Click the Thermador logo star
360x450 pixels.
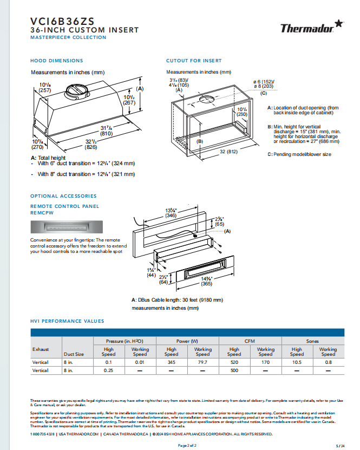[x=338, y=23]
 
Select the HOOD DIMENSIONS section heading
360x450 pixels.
[x=57, y=61]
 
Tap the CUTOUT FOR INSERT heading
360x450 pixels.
[x=194, y=61]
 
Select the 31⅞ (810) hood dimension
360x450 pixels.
[x=106, y=131]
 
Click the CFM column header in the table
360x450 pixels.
[x=250, y=341]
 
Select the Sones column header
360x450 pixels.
[x=312, y=341]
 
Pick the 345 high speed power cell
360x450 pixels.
[x=171, y=362]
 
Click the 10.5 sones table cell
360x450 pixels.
[x=297, y=362]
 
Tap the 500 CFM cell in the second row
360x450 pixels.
[x=234, y=371]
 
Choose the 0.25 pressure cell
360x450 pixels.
[x=108, y=371]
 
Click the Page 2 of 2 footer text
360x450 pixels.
[x=187, y=445]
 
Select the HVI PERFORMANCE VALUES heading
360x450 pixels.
[x=67, y=321]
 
